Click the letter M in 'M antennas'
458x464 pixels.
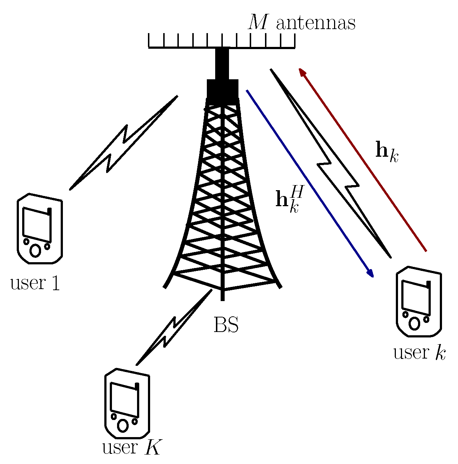259,23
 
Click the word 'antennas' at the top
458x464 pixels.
316,23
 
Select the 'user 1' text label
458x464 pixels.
35,283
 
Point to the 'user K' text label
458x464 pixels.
131,448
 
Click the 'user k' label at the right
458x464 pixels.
419,352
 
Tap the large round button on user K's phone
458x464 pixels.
123,425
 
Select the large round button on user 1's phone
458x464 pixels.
35,251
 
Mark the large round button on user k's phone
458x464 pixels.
414,323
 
